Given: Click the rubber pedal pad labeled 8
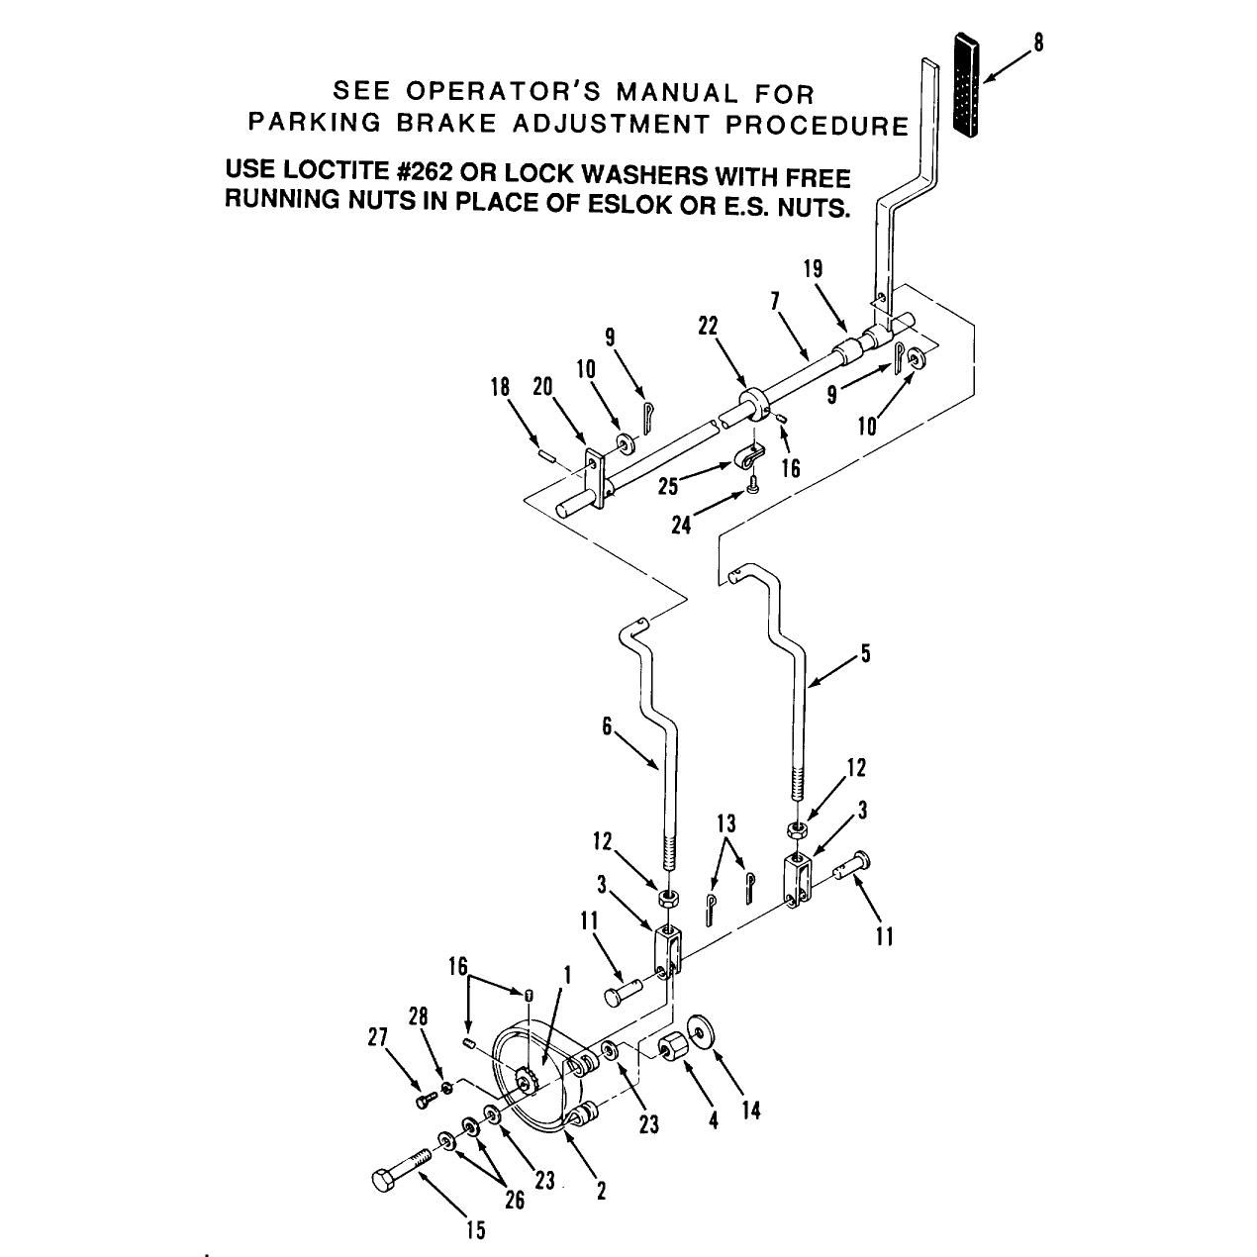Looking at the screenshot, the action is coord(967,85).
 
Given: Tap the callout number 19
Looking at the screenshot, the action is coord(813,269).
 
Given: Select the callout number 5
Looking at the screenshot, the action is coord(865,653).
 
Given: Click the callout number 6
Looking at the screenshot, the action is coord(607,725).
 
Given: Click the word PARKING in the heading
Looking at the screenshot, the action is coord(315,122).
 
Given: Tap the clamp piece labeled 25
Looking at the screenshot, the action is coord(749,456).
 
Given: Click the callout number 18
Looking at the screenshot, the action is coord(500,387).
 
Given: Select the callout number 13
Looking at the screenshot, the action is coord(726,823).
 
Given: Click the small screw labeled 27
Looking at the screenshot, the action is coord(426,1101).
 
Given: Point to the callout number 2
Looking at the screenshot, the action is coord(601,1191).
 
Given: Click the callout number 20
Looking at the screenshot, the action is coord(542,387).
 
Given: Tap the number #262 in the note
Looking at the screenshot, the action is coord(424,171).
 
